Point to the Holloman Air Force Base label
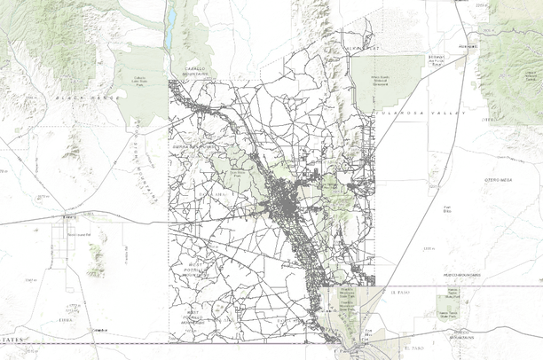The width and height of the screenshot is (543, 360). pyautogui.click(x=436, y=61)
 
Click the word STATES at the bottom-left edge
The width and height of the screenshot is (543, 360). pyautogui.click(x=11, y=340)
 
